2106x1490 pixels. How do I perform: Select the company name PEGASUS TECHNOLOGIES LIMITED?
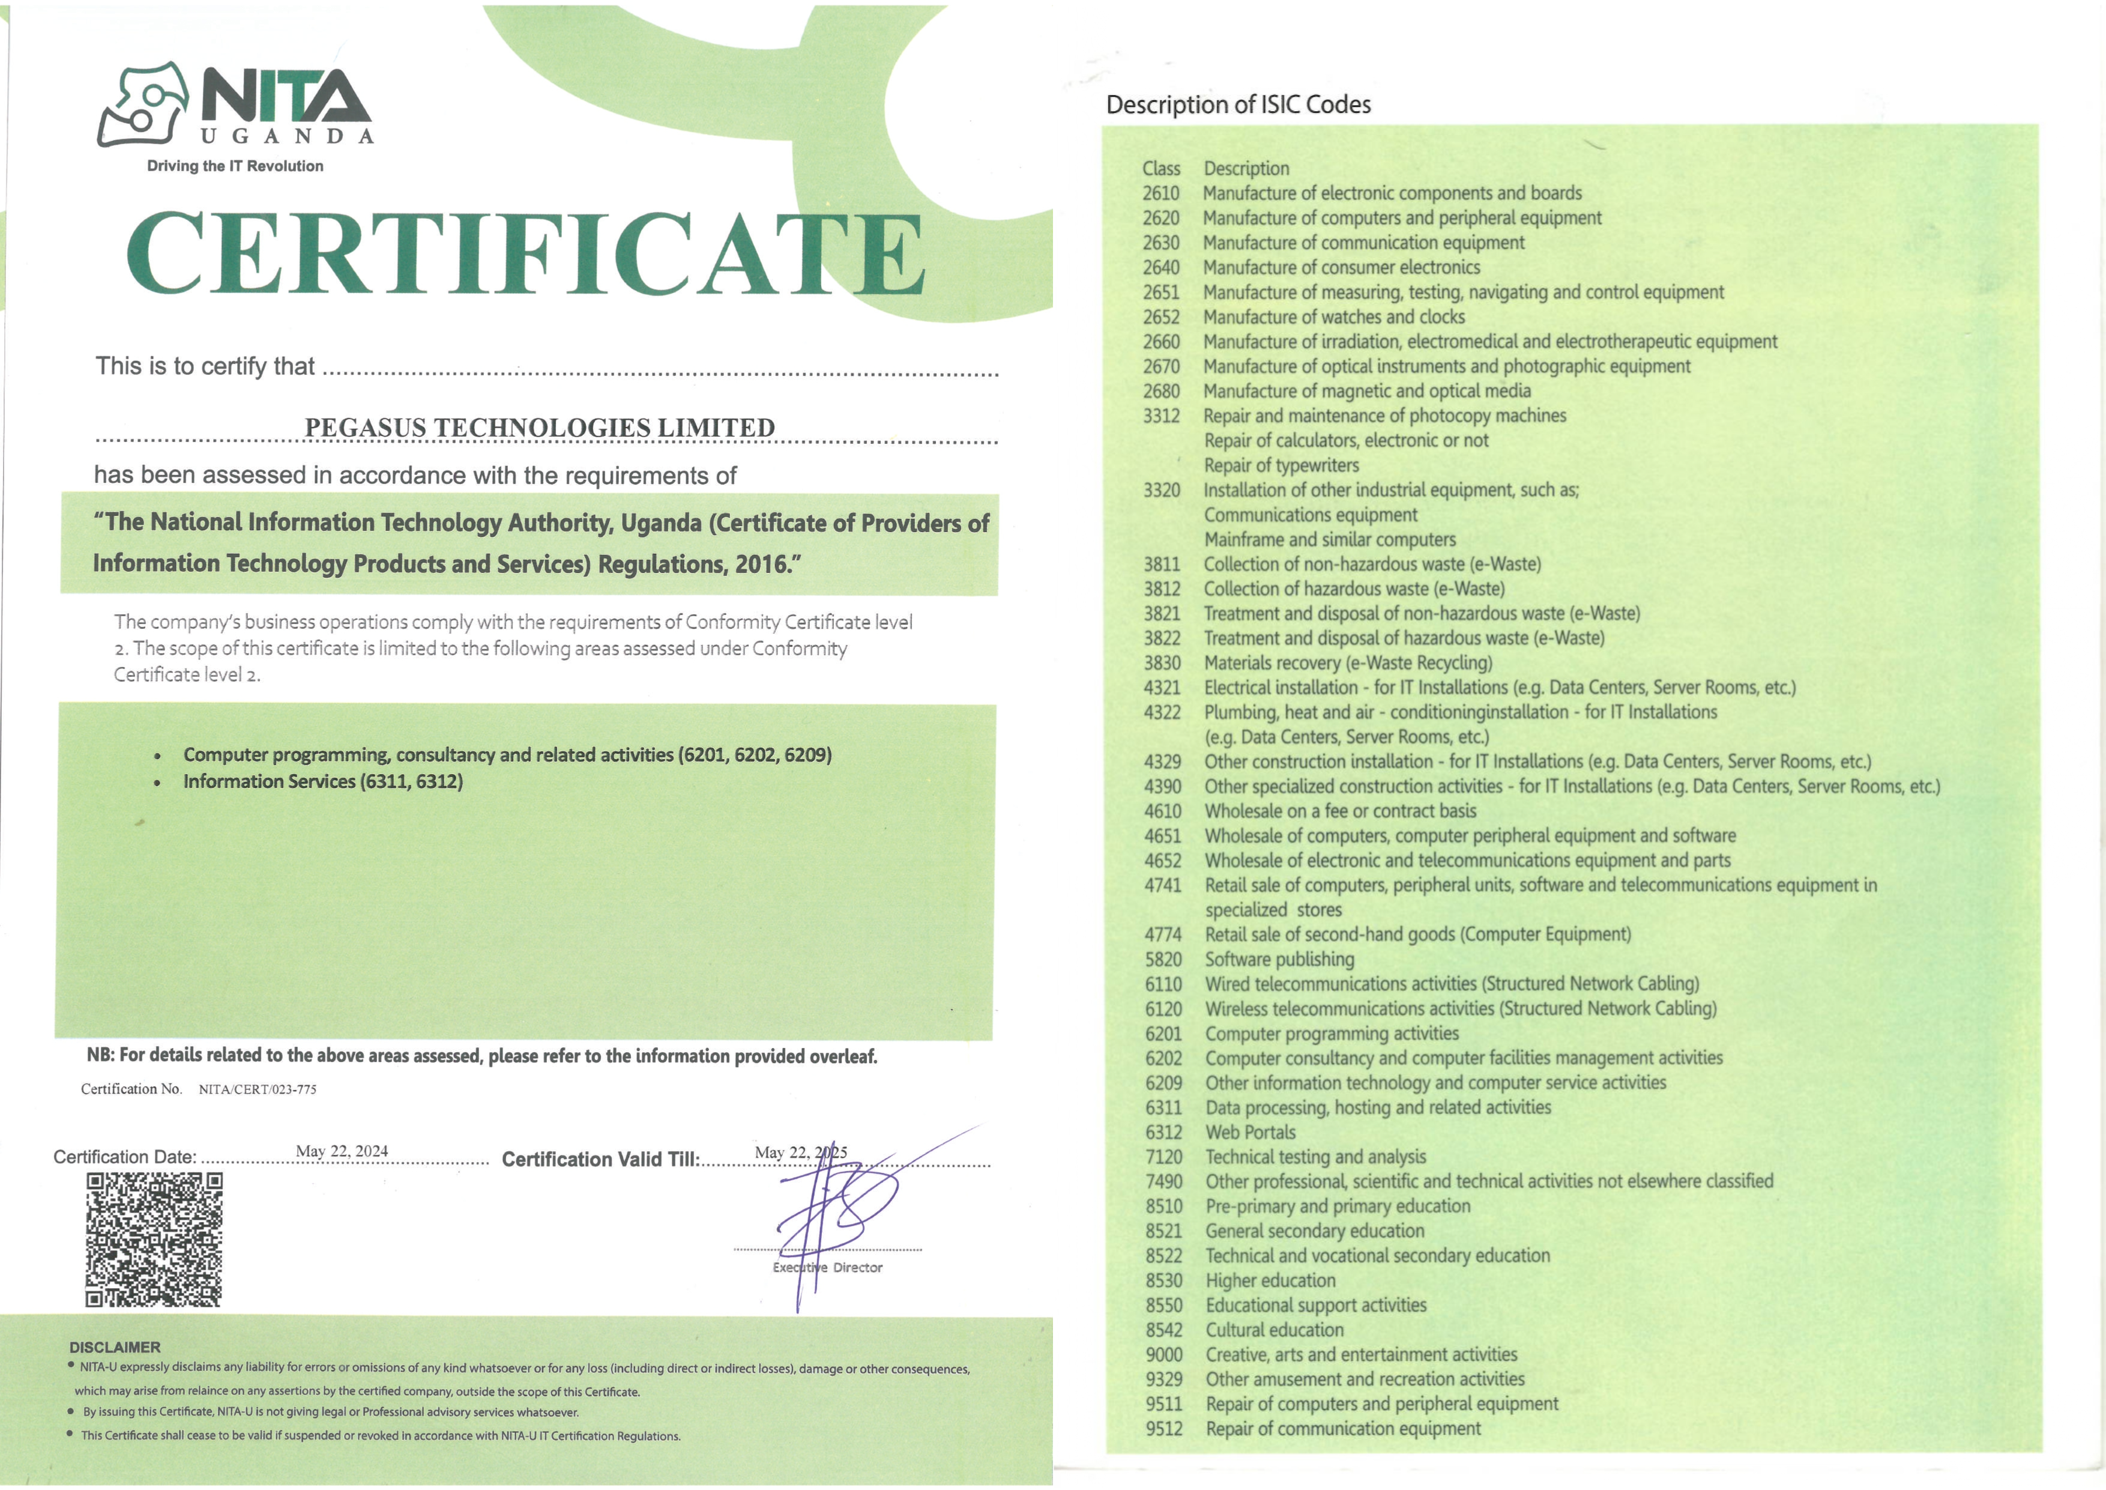[539, 428]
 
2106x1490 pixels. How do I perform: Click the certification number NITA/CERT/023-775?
[258, 1090]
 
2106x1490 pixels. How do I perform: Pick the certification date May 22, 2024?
[342, 1151]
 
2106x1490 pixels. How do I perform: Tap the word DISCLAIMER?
[115, 1347]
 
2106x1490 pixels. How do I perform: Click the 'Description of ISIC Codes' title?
[1239, 104]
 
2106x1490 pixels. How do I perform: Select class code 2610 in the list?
[1160, 193]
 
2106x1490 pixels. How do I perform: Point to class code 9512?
[1164, 1429]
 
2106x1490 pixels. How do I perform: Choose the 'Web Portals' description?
[1250, 1132]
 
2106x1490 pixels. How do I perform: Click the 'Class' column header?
[1161, 169]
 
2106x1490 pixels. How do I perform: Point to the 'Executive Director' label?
[827, 1268]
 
